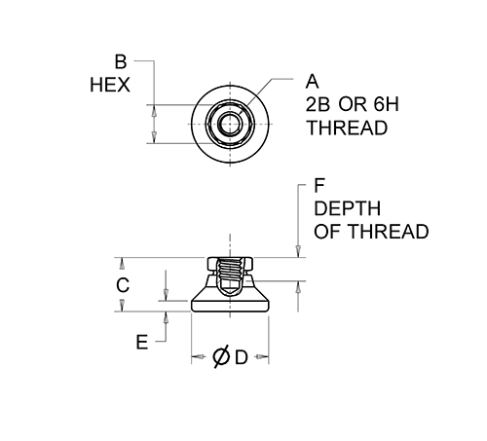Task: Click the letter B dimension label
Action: click(x=121, y=61)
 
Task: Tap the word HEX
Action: click(x=110, y=85)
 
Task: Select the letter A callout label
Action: click(x=312, y=82)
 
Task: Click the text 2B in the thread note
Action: click(x=318, y=104)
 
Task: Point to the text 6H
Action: click(x=387, y=104)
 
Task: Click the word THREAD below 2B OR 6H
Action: click(x=347, y=128)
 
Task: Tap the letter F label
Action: click(x=319, y=185)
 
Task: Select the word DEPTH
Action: click(x=347, y=208)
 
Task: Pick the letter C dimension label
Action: click(x=123, y=285)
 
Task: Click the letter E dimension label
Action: click(x=142, y=342)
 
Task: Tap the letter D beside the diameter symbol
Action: click(x=242, y=357)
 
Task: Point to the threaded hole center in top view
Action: click(x=230, y=124)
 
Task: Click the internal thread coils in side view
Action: click(x=230, y=271)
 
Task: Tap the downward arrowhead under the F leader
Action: click(x=298, y=251)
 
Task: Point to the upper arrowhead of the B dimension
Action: click(x=155, y=112)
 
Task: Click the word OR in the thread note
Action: click(x=353, y=104)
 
